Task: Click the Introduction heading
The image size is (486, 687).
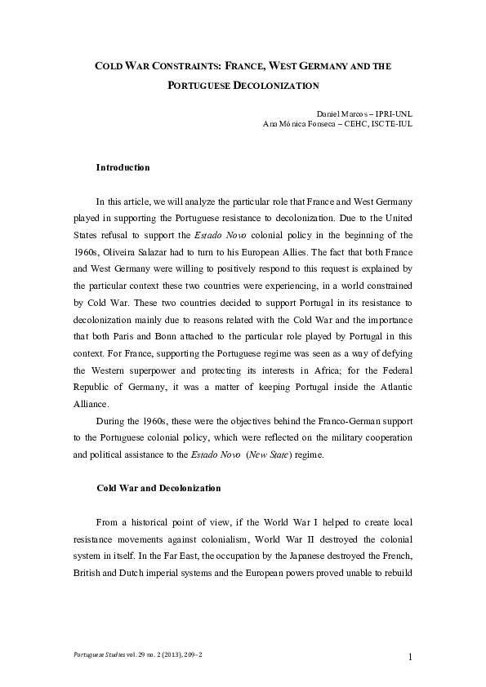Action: point(123,167)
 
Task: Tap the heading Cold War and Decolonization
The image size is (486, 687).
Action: point(158,488)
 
